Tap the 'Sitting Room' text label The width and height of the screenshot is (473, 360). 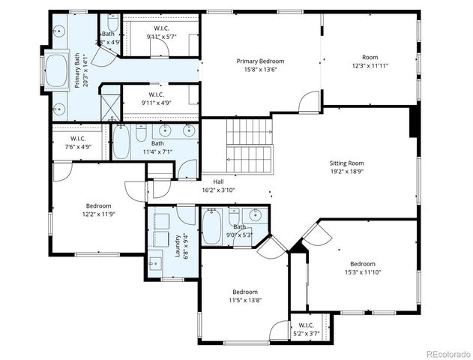346,163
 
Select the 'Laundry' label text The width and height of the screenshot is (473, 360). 178,245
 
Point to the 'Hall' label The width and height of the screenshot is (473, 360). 218,181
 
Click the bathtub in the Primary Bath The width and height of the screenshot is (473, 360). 57,70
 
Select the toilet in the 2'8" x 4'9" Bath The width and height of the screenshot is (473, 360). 112,22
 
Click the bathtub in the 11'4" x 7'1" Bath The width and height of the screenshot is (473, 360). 121,145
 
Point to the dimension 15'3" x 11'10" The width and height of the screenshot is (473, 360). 363,272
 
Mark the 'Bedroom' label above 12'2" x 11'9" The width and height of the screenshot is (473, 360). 98,205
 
